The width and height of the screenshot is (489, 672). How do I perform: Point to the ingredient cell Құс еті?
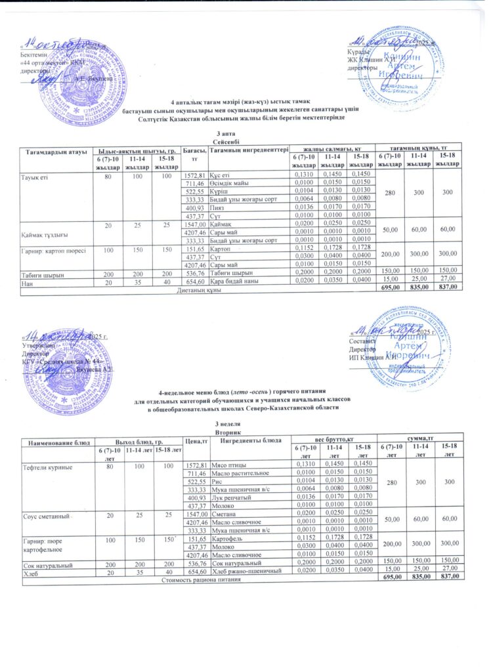pos(221,174)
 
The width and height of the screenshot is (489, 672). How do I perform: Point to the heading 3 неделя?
pos(227,425)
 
